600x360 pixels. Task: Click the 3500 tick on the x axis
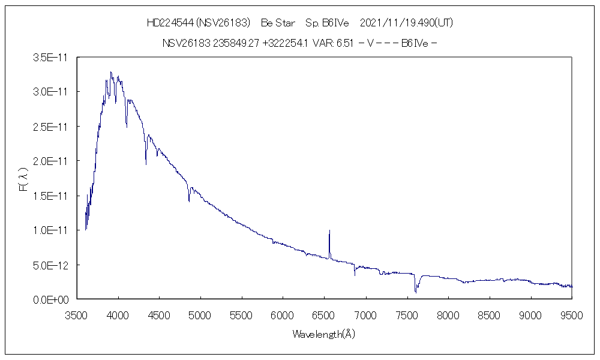coord(76,314)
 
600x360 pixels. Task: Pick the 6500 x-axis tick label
coord(324,314)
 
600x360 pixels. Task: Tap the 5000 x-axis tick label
coord(200,314)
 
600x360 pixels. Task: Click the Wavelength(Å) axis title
coord(324,334)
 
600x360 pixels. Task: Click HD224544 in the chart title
coord(169,23)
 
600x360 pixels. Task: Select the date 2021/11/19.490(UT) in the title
coord(406,23)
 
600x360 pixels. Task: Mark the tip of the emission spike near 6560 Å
coord(329,230)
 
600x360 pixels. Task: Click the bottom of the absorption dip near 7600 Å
coord(415,292)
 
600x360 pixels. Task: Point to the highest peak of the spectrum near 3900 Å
coord(111,72)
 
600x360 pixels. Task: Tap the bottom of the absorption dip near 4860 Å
coord(189,201)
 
